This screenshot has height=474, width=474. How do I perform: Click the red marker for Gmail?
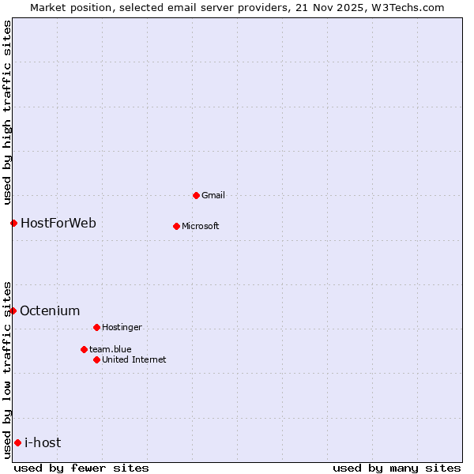pos(196,195)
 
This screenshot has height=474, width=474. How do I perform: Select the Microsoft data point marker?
pos(176,226)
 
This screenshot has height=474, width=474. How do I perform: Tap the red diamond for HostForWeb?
pos(13,223)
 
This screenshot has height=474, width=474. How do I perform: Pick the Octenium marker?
pos(13,310)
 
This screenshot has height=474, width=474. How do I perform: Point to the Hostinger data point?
pos(96,327)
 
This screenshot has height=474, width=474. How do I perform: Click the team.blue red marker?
pos(84,349)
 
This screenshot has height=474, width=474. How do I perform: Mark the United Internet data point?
pos(96,359)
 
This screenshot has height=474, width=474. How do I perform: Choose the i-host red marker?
pos(17,442)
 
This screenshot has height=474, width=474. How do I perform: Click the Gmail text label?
pos(213,195)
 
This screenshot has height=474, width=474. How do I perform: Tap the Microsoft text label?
pos(200,226)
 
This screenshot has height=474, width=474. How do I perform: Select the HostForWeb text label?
pos(58,223)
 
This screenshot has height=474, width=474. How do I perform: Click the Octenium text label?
pos(50,310)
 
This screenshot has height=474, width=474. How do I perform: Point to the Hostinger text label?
pos(122,327)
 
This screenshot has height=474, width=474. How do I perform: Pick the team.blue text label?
pos(110,349)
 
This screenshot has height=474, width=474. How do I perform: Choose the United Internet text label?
pos(134,359)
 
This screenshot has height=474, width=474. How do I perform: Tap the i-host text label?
pos(43,442)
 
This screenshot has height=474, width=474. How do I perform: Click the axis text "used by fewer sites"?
pos(81,468)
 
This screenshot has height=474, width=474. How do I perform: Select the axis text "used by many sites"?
pos(397,468)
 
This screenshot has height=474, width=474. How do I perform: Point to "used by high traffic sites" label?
pos(7,111)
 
